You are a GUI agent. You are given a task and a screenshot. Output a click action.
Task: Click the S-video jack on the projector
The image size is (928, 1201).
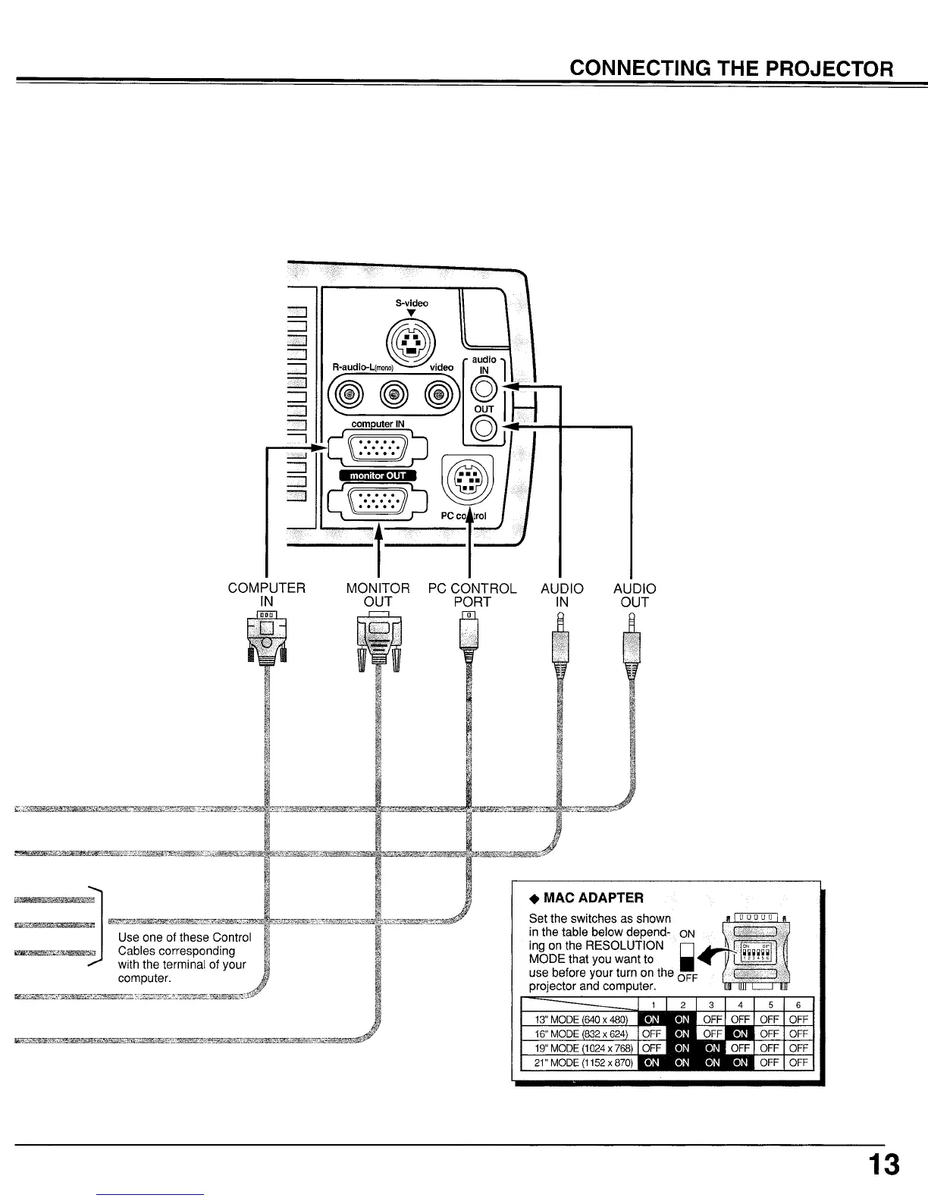point(410,342)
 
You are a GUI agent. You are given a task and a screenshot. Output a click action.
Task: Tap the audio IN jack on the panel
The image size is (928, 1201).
point(484,389)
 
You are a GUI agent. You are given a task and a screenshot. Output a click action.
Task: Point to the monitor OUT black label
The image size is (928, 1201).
point(377,476)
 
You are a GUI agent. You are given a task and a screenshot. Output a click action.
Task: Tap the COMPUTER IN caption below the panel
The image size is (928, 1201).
point(267,594)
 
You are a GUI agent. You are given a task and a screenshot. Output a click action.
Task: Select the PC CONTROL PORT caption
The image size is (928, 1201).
point(472,594)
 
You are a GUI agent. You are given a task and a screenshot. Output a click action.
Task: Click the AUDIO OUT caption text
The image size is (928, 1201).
point(635,594)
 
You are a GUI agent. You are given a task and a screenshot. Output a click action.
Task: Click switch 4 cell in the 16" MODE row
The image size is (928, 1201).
point(740,1033)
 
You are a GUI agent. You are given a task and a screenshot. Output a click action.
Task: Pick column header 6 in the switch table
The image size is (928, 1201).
point(798,1005)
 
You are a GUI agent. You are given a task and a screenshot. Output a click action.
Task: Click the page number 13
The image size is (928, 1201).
point(884,1164)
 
